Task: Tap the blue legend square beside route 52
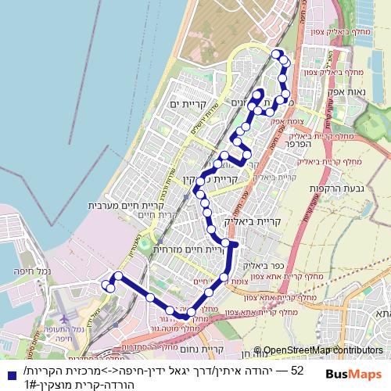(9, 375)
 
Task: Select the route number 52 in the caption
(296, 369)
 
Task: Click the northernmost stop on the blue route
(275, 53)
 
